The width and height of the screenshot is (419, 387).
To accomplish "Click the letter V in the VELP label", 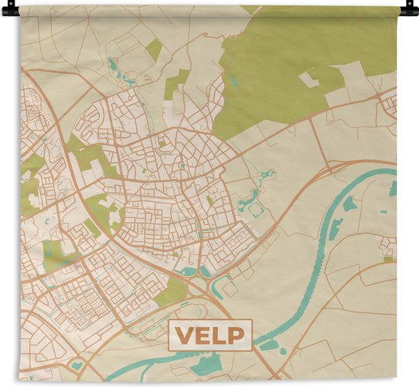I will point(184,334).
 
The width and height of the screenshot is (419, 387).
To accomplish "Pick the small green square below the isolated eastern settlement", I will point(388,260).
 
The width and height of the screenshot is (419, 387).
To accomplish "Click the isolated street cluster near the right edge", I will point(389,246).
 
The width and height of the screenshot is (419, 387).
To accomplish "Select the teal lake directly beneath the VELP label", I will point(206,366).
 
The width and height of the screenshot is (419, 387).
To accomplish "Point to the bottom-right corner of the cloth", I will point(397,378).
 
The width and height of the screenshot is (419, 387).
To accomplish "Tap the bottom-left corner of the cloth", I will point(21,378).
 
